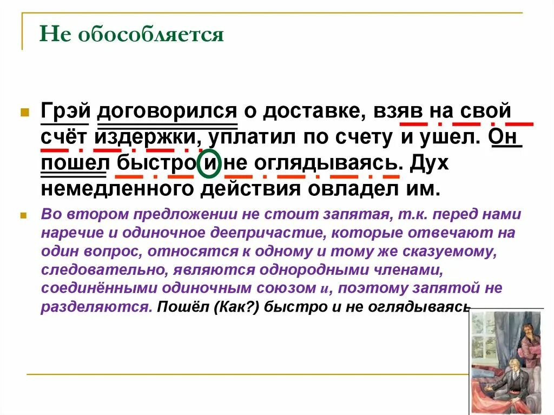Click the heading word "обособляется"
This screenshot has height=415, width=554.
pos(151,35)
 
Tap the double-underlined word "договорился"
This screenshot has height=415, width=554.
pos(167,110)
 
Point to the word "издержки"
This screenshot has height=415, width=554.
pos(146,137)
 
